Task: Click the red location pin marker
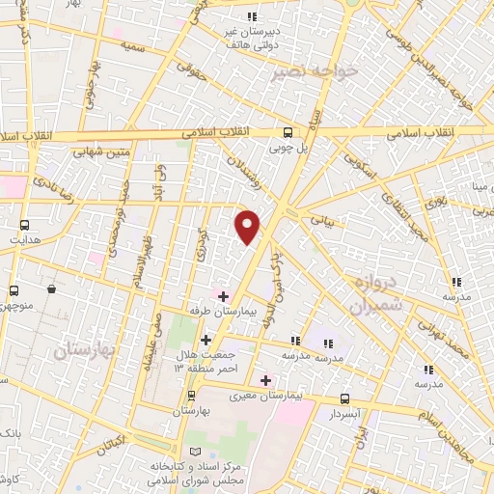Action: [249, 227]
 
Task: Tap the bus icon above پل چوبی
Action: [288, 133]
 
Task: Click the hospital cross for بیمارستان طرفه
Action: [223, 296]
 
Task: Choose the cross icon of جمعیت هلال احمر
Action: [205, 340]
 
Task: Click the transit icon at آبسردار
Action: [346, 398]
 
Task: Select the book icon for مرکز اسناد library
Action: [198, 453]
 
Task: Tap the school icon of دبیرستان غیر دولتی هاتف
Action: [252, 16]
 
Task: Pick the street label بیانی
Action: [321, 219]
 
